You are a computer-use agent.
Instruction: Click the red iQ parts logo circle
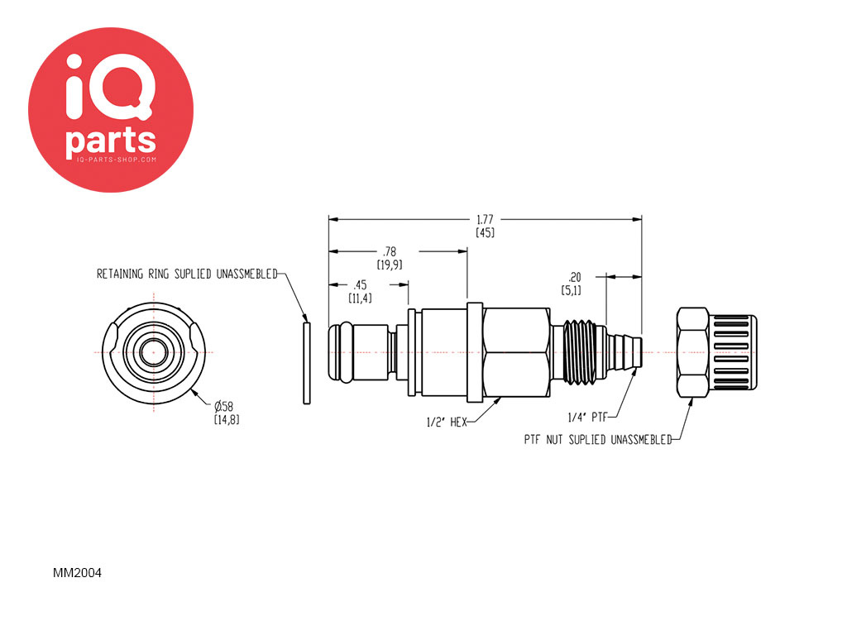[111, 110]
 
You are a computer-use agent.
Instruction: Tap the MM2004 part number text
[77, 573]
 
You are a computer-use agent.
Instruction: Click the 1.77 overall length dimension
[485, 220]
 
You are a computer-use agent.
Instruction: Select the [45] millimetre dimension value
[485, 232]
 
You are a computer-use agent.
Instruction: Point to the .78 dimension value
[390, 251]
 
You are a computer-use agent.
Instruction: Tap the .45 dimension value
[360, 285]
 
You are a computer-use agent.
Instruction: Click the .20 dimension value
[574, 277]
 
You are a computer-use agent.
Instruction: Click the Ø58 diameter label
[223, 406]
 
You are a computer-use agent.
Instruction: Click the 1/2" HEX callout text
[447, 423]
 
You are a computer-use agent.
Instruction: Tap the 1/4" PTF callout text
[588, 418]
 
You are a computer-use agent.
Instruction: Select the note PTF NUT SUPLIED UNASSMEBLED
[598, 440]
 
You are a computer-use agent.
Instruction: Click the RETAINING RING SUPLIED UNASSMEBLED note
[187, 274]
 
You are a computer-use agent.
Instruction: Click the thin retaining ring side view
[307, 363]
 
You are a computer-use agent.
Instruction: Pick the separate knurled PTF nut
[716, 352]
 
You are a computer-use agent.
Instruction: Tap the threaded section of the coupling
[583, 353]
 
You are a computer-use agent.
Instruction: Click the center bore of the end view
[153, 352]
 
